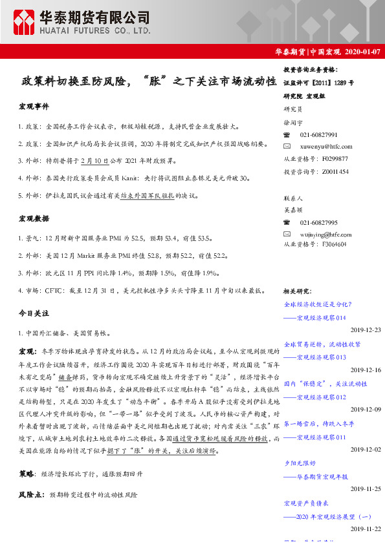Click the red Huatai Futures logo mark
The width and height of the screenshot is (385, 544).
tap(25, 21)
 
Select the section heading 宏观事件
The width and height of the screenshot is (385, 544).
tap(34, 106)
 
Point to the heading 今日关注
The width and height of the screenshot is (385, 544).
tap(34, 313)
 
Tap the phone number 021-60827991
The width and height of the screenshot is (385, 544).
tap(318, 135)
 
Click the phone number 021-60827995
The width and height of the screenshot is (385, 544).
tap(318, 223)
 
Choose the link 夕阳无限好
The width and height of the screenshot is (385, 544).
tap(301, 463)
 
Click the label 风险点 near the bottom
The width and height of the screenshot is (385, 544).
tap(30, 494)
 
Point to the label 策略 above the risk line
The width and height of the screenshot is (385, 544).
tap(27, 474)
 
